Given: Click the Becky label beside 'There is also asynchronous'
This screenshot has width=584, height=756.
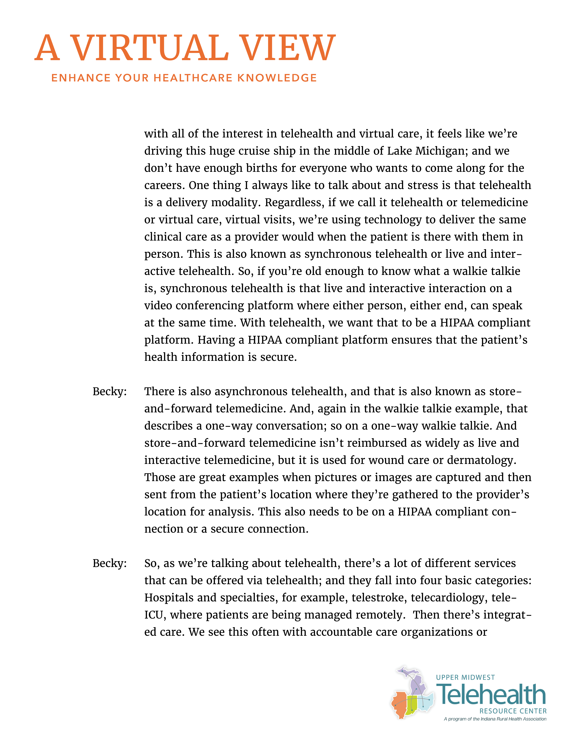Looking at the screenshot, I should [x=109, y=392].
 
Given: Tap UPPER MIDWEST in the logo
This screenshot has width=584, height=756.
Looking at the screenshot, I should [x=465, y=677].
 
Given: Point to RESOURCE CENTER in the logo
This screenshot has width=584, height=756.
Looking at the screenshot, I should [x=513, y=711].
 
